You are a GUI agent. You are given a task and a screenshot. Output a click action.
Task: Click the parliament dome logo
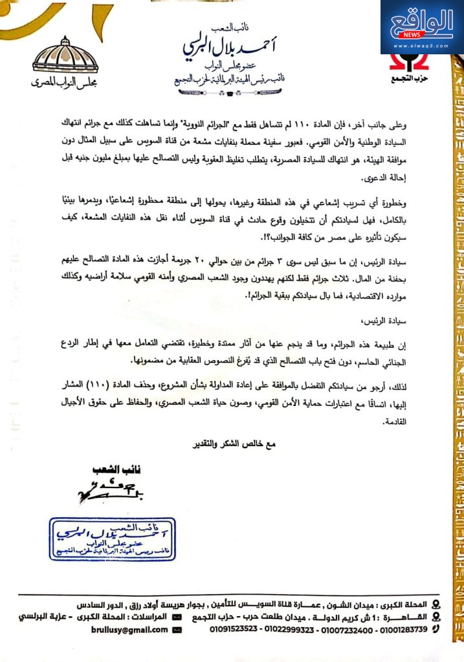click(x=65, y=56)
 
